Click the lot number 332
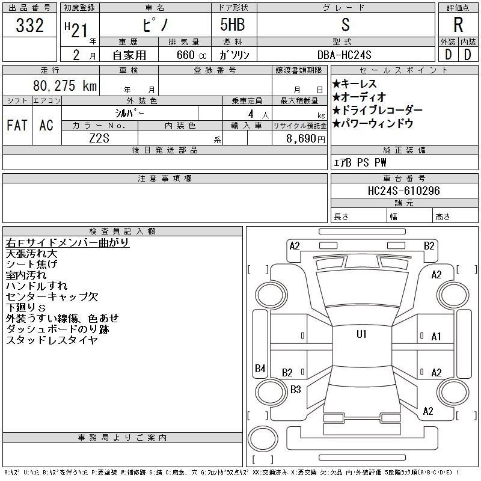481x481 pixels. coord(30,26)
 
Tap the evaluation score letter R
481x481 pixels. coord(458,26)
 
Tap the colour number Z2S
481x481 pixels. coord(100,138)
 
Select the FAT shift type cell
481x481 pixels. coord(17,125)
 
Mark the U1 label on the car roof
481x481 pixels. coord(361,334)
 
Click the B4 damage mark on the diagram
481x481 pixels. coord(260,369)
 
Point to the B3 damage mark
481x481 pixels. coord(295,389)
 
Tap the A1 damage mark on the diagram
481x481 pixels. coord(437,337)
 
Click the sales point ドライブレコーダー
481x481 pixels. coord(377,111)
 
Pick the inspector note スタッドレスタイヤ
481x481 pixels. coord(52,340)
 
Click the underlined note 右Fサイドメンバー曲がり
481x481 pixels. coord(67,243)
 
